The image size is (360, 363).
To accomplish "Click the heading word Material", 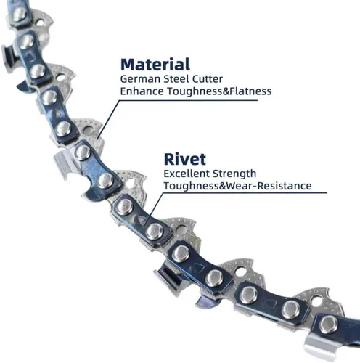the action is pos(155,65).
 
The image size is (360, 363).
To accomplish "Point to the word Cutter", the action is pos(208,79).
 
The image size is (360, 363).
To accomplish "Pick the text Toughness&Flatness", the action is pos(219,91).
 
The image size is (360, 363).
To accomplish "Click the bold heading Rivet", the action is pos(185,159).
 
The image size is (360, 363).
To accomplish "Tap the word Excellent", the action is pos(187,174).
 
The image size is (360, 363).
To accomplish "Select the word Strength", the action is pos(234,174).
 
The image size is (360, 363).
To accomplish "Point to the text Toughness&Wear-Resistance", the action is pos(237,186).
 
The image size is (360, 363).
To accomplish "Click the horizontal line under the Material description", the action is pos(188,100).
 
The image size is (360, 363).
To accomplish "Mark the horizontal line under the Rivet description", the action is pos(245,193).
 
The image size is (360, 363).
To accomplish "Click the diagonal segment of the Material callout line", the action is pos(108,120).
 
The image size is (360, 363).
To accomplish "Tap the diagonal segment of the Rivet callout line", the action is pos(154,208).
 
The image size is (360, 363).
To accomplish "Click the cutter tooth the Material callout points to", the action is pos(89,133).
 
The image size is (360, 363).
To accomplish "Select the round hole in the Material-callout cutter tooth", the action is pos(89,131).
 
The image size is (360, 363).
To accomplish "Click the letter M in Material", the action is pos(128,65).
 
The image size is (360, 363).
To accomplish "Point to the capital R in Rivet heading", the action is pos(169,159).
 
